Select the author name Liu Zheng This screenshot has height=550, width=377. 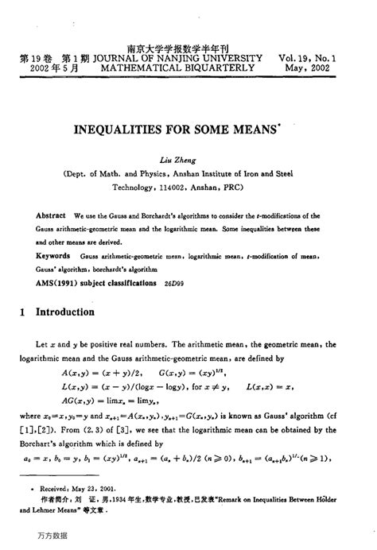(x=188, y=158)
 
